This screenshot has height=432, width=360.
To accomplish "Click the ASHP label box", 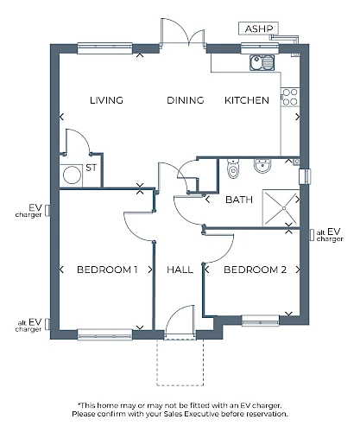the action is tap(258, 29).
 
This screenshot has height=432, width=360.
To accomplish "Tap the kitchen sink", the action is tap(262, 62).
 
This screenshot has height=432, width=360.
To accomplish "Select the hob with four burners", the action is tap(290, 97).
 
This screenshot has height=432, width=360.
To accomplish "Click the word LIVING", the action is tap(106, 100).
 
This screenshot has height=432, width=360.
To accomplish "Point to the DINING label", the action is tap(186, 100).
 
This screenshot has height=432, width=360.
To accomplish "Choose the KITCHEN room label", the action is tap(247, 100).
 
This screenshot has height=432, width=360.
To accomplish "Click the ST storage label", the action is tap(92, 168).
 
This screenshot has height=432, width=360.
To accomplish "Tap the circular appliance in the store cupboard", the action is tap(72, 175).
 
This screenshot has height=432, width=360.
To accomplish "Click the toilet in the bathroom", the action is tap(233, 169).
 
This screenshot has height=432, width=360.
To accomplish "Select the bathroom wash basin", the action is tap(262, 166).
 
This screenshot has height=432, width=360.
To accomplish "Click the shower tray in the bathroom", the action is tap(281, 208).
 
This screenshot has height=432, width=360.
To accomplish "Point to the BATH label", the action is tap(239, 200).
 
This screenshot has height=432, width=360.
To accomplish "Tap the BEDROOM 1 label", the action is tap(107, 270).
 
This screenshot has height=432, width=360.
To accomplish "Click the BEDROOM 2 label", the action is tap(256, 270).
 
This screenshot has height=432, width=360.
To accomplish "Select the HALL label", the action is tap(180, 270).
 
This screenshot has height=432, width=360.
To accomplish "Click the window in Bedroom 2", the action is tap(260, 321).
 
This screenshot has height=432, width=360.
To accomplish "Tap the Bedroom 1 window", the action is tap(105, 334).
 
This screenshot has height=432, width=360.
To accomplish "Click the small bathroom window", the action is tap(305, 176).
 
